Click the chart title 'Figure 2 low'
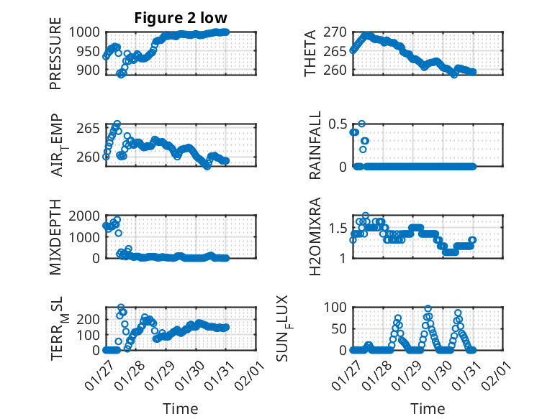click(x=181, y=19)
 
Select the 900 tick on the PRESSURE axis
click(x=93, y=70)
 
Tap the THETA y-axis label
click(x=310, y=52)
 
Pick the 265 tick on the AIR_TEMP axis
click(x=93, y=129)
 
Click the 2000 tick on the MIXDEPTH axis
click(x=89, y=216)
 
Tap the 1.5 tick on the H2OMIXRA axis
click(x=338, y=228)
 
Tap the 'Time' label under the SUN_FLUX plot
click(x=428, y=408)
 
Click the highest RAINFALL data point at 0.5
click(x=362, y=124)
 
